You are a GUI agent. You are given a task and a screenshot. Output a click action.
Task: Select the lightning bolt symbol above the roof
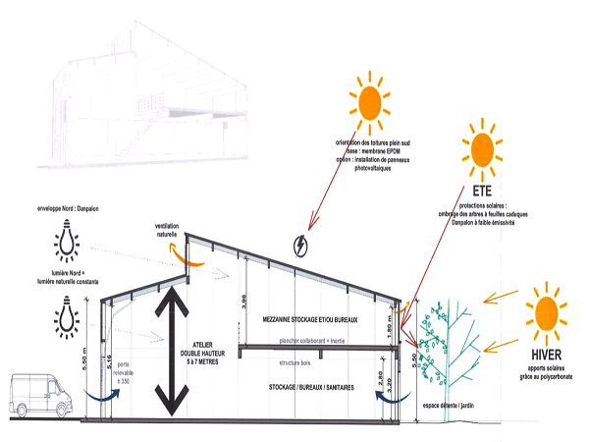(300, 245)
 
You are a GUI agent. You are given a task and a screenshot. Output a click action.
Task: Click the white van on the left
(40, 395)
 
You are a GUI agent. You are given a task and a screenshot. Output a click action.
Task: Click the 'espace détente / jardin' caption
(449, 406)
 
